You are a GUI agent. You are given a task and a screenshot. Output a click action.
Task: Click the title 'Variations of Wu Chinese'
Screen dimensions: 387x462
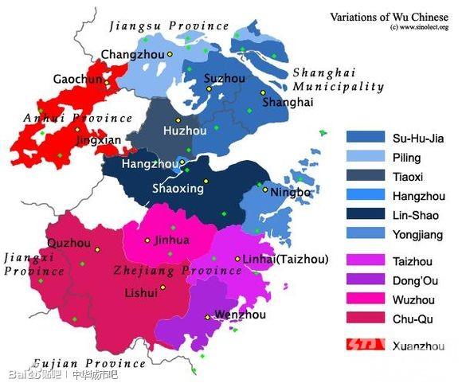coord(389,16)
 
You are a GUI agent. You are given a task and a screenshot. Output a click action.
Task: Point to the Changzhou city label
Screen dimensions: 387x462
coord(132,54)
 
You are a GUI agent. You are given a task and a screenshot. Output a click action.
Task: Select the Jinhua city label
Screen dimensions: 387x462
coord(172,239)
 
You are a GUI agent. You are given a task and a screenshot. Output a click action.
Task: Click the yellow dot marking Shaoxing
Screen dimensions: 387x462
coord(206,182)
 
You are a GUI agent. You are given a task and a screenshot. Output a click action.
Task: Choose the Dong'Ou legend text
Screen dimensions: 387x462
coord(414,279)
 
